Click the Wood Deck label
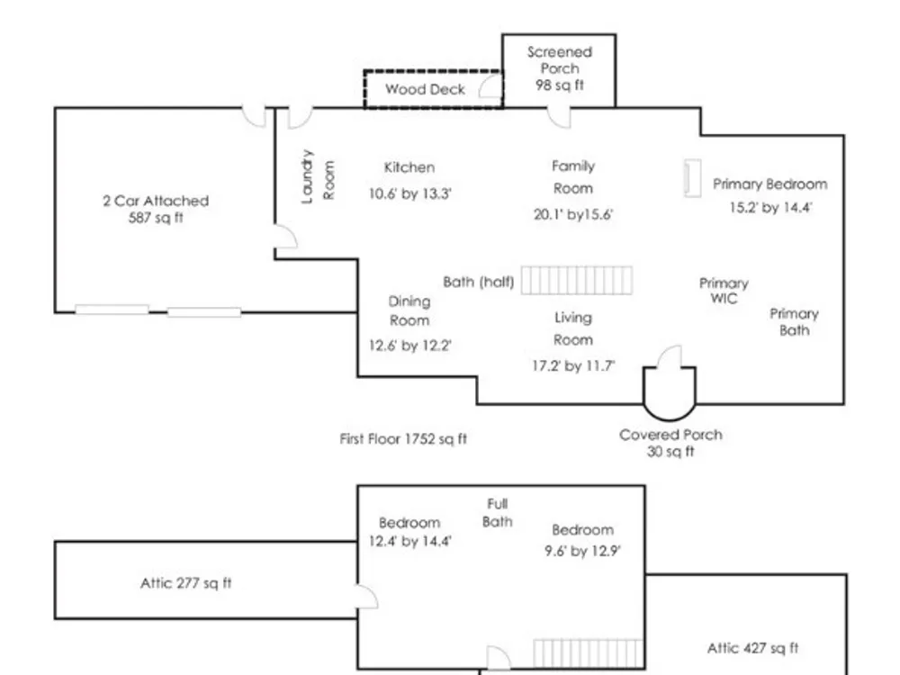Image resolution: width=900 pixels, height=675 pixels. (x=425, y=89)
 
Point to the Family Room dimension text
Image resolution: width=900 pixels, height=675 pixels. (x=572, y=214)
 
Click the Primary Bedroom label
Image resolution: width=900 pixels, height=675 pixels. (x=769, y=184)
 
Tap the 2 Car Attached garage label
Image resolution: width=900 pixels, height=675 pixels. (x=156, y=209)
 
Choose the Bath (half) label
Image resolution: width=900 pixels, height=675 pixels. (x=479, y=282)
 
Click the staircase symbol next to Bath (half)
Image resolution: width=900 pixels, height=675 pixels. (x=576, y=281)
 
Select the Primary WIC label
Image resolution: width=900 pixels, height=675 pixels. (x=724, y=291)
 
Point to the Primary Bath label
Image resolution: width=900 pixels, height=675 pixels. (x=794, y=321)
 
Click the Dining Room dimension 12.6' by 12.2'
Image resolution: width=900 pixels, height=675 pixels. (x=409, y=346)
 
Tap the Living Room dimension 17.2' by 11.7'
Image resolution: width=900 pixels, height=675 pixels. (x=573, y=367)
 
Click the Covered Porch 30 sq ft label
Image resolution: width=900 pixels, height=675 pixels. (x=670, y=443)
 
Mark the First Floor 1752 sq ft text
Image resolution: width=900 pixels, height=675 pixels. (x=403, y=439)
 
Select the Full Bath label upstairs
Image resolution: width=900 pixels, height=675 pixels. (x=498, y=513)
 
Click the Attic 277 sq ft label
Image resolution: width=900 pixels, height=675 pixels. (x=185, y=583)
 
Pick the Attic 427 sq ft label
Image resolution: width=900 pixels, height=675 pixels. (x=752, y=648)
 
